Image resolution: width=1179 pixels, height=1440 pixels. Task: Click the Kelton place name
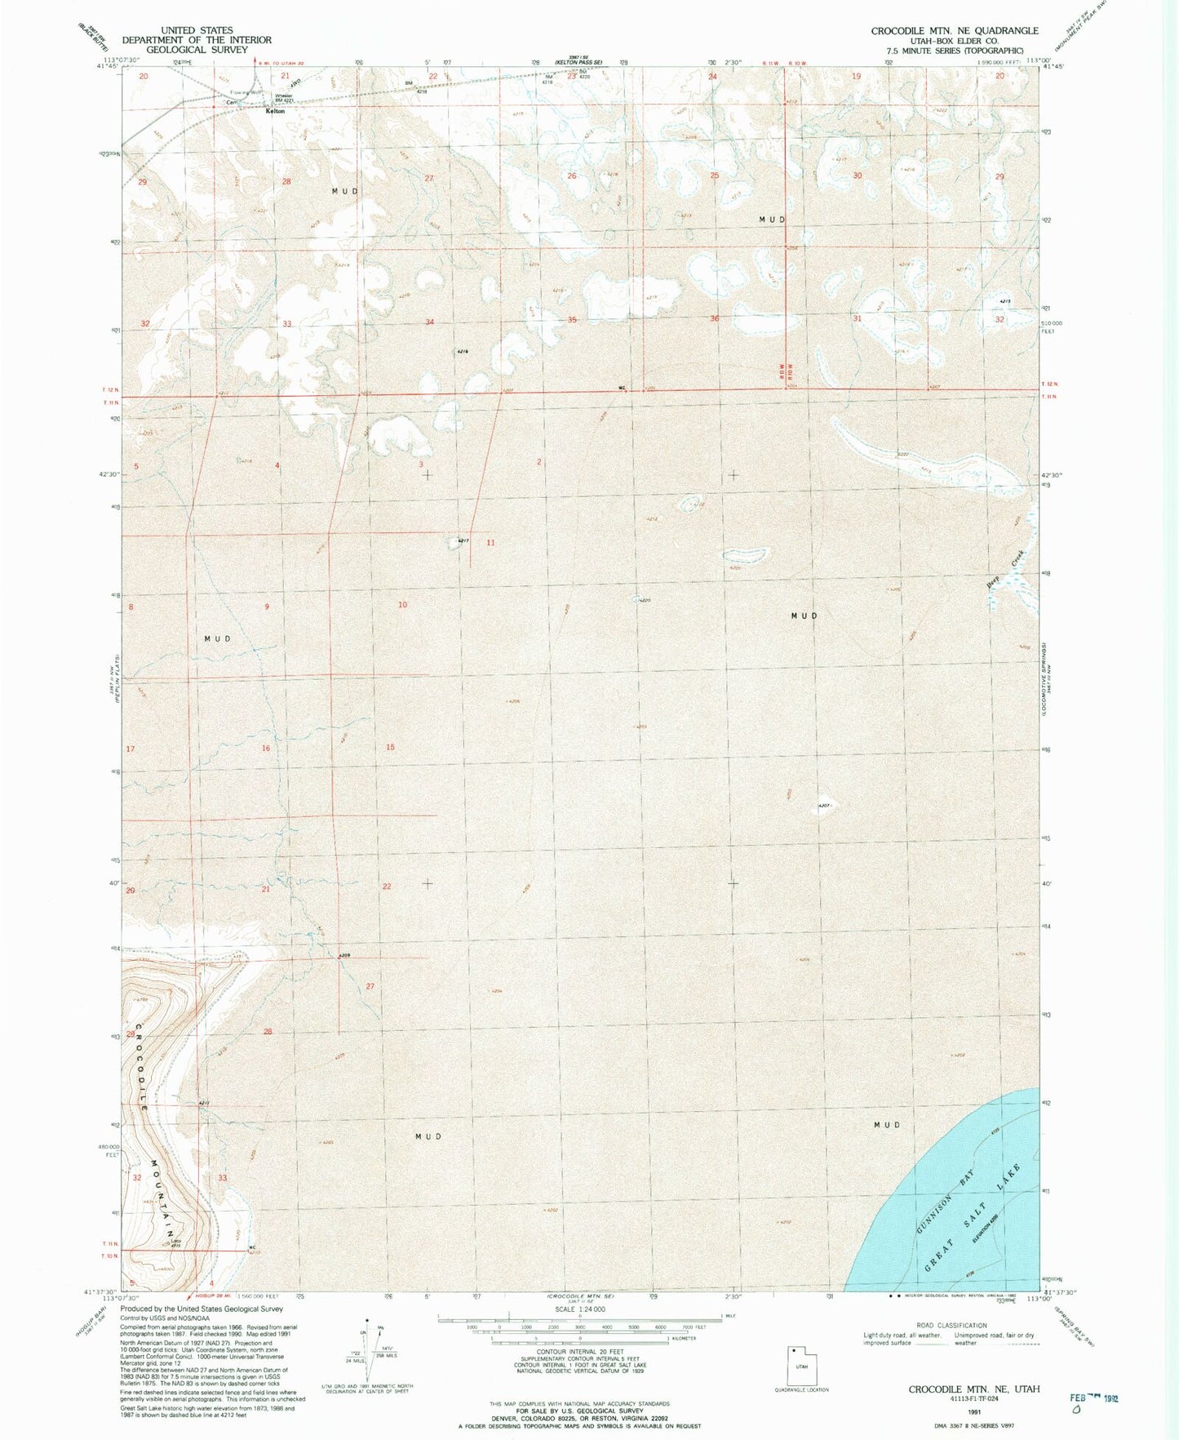click(275, 111)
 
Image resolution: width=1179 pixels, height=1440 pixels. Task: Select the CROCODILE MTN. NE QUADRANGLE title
click(954, 31)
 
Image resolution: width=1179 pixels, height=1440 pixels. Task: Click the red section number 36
click(715, 318)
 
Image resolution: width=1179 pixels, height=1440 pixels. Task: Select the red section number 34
click(429, 322)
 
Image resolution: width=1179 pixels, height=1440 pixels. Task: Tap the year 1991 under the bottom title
click(973, 1410)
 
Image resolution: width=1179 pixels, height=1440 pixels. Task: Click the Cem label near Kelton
click(232, 103)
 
